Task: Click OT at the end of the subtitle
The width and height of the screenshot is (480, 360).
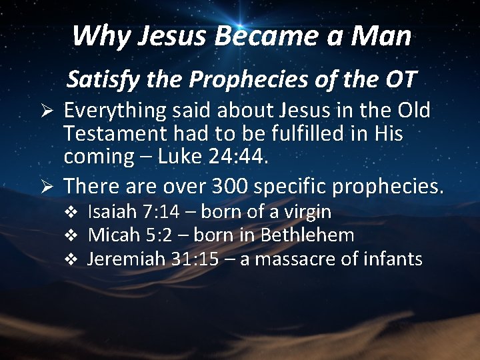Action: (x=399, y=80)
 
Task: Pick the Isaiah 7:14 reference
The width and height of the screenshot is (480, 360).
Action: (x=134, y=212)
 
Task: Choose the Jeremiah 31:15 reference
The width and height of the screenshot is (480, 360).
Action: (x=153, y=258)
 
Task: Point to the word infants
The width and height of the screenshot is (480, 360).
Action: (x=391, y=258)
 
